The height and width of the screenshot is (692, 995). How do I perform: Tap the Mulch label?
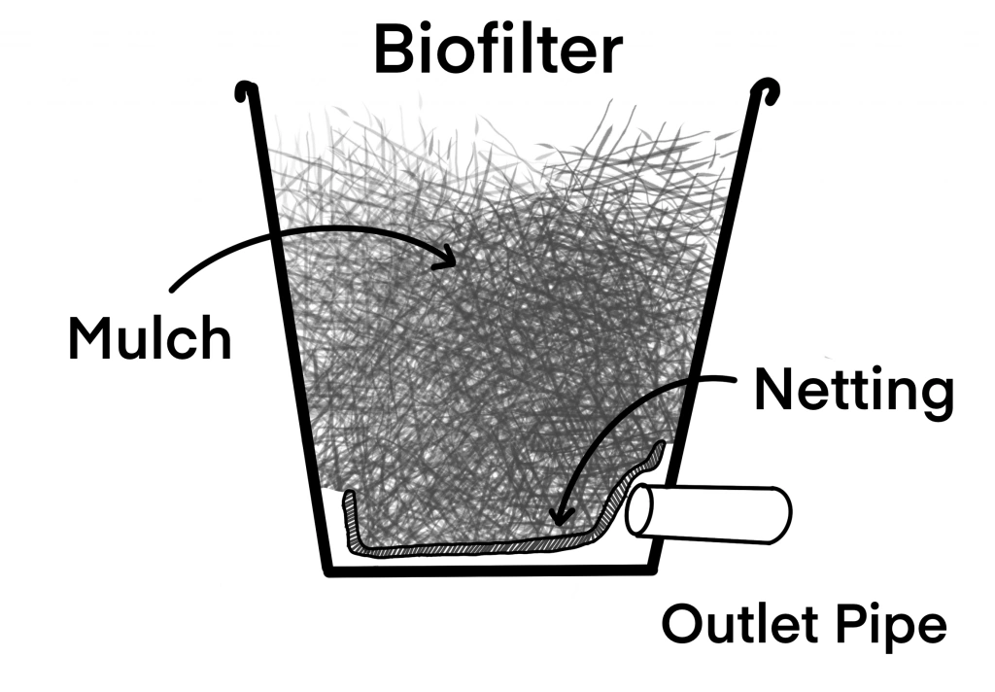pyautogui.click(x=150, y=335)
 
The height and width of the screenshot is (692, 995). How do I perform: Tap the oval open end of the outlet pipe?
pyautogui.click(x=641, y=512)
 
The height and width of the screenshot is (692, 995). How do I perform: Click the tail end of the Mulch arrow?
pyautogui.click(x=173, y=289)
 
